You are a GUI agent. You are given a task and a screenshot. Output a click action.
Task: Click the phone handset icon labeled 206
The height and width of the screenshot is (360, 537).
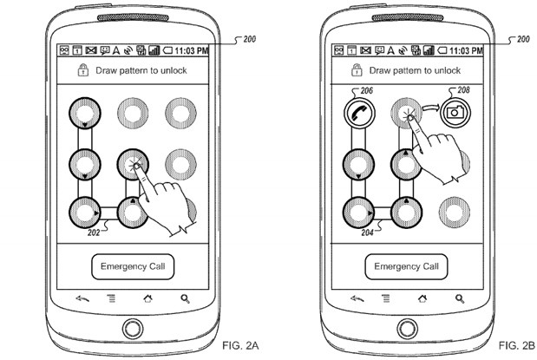click(354, 113)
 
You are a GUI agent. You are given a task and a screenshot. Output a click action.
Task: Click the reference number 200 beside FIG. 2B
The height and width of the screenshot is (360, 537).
click(522, 40)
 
